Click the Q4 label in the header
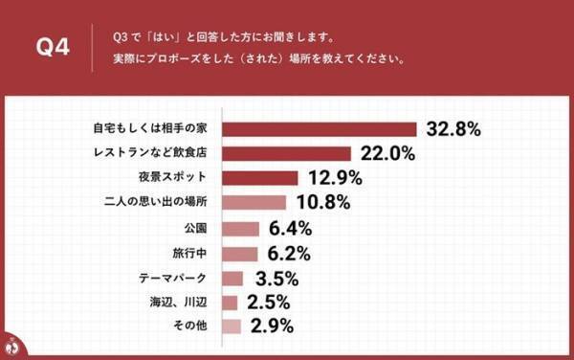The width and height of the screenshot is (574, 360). [x=53, y=48]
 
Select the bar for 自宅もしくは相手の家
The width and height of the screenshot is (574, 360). [x=320, y=128]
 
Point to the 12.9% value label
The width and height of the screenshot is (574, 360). [x=334, y=178]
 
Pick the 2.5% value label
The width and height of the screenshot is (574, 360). [x=267, y=304]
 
